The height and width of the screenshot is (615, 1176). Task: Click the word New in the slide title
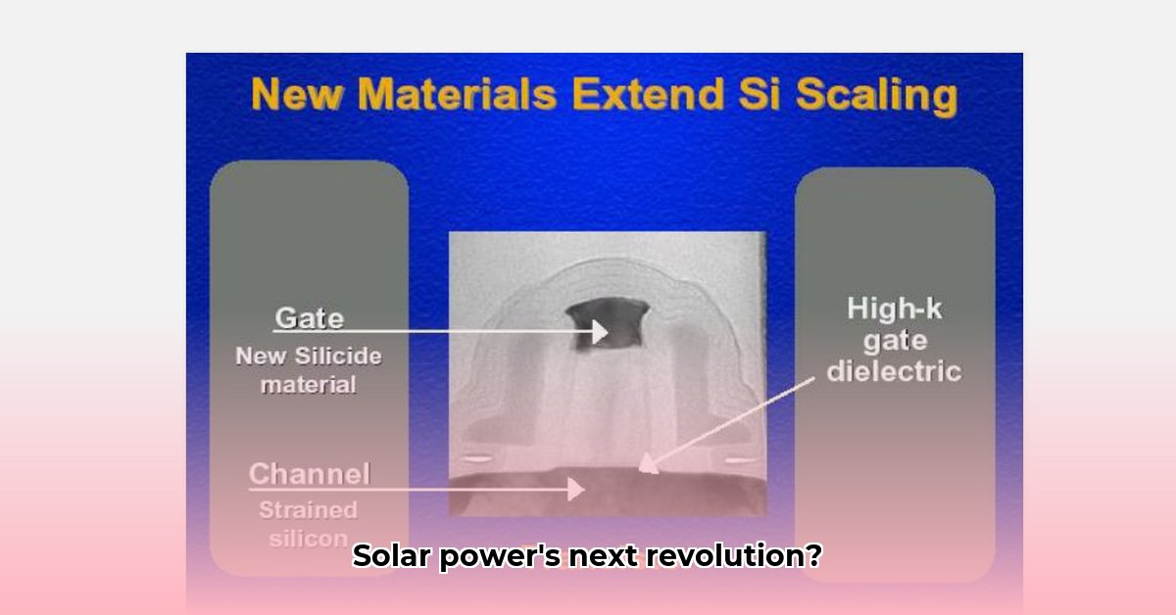click(x=297, y=94)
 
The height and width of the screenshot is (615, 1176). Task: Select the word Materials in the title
click(x=458, y=94)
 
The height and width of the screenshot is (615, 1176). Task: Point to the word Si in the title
click(x=759, y=94)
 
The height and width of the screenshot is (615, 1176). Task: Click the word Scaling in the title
click(x=877, y=97)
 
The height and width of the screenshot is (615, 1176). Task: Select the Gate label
click(x=310, y=317)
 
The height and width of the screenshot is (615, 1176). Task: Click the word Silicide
click(x=338, y=356)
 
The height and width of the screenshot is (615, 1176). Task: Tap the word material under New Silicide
click(x=308, y=385)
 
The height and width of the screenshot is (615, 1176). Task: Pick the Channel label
click(x=310, y=474)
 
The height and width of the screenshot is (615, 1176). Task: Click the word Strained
click(x=308, y=510)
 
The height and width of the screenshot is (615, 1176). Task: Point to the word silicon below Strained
click(x=308, y=539)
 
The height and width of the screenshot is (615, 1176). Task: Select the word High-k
click(x=895, y=308)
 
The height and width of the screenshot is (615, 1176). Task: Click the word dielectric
click(x=895, y=371)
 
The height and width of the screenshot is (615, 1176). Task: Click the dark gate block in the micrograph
click(x=608, y=324)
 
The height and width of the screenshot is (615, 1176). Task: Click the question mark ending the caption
click(x=813, y=555)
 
